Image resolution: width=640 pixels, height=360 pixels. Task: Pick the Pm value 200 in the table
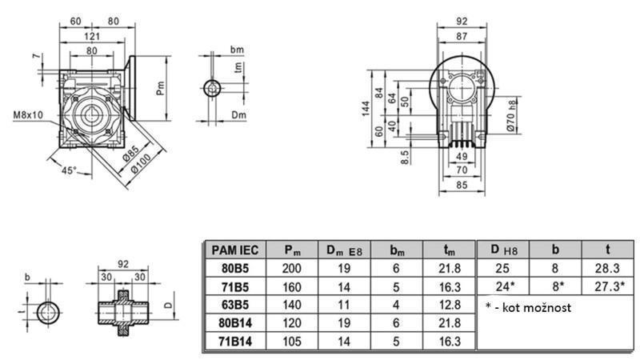[x=293, y=270]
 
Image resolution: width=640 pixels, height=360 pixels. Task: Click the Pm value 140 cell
[x=293, y=305]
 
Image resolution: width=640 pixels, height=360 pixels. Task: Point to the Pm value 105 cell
[x=293, y=341]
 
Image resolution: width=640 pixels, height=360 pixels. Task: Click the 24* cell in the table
[x=502, y=287]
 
